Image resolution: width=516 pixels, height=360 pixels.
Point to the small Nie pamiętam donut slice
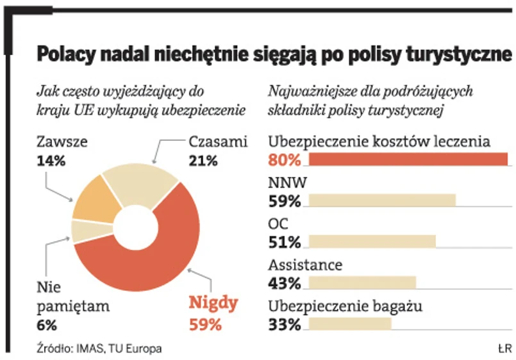tap(83, 230)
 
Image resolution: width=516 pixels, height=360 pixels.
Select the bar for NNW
tap(382, 200)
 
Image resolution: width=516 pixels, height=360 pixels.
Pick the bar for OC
tap(372, 241)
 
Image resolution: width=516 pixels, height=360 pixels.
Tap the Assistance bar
tap(362, 282)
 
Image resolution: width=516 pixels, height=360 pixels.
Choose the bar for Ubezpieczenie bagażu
tap(349, 323)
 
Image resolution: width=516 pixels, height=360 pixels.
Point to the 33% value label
tap(285, 324)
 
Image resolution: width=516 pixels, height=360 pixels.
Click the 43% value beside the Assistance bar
tap(285, 283)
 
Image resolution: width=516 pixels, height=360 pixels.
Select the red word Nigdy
tap(214, 303)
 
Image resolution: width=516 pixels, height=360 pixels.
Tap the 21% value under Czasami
tap(203, 161)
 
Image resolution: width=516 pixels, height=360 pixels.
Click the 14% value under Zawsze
tap(51, 161)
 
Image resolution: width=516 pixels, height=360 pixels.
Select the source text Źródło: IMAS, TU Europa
tap(96, 348)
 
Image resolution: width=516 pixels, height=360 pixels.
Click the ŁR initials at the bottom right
tap(503, 348)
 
